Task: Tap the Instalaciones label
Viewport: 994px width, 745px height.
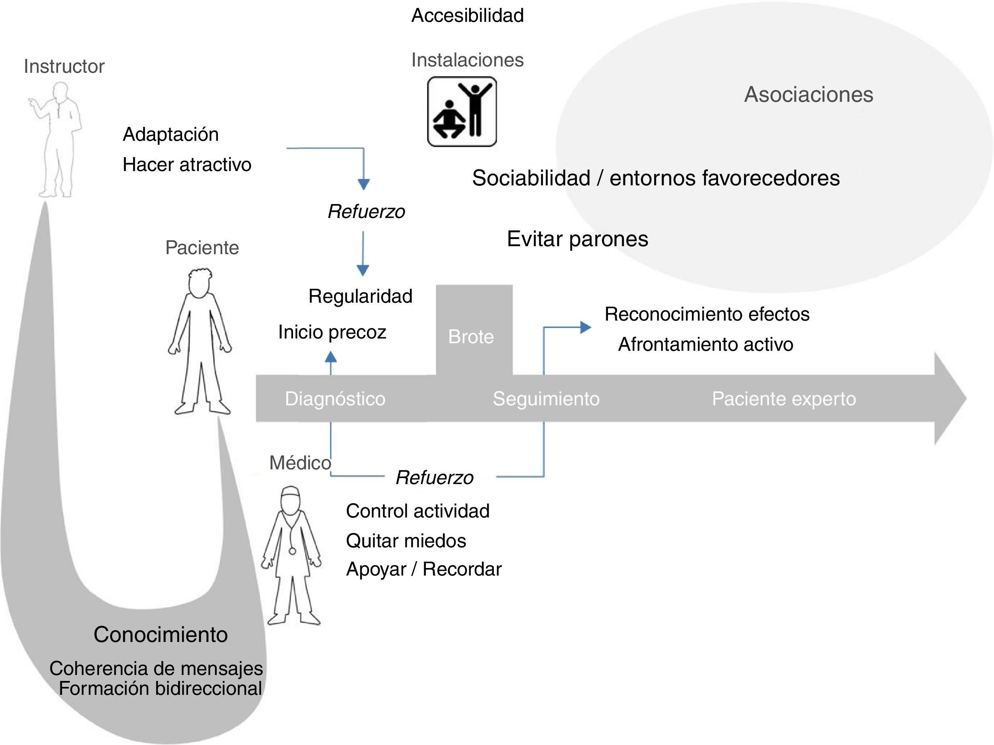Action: coord(467,60)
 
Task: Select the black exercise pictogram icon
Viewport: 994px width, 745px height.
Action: coord(462,111)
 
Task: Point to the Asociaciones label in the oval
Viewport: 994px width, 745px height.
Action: coord(808,94)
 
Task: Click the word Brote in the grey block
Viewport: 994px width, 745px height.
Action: coord(471,337)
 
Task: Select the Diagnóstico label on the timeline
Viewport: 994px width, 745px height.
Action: coord(335,399)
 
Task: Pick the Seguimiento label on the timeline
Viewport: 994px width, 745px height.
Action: coord(546,399)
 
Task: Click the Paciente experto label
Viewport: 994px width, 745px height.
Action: coord(784,399)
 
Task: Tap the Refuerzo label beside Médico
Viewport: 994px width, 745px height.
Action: coord(435,477)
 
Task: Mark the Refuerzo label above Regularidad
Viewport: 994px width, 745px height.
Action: coord(366,211)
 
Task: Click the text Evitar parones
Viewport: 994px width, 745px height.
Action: coord(577,239)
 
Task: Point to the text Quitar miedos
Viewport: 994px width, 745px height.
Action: coord(406,541)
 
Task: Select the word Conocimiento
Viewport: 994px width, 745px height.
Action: coord(160,634)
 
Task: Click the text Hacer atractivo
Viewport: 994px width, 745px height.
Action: coord(187,165)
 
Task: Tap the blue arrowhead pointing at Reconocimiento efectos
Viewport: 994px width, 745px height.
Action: coord(586,327)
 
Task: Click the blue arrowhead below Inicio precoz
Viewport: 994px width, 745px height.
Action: coord(331,357)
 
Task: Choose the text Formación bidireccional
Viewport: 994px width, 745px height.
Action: coord(160,689)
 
